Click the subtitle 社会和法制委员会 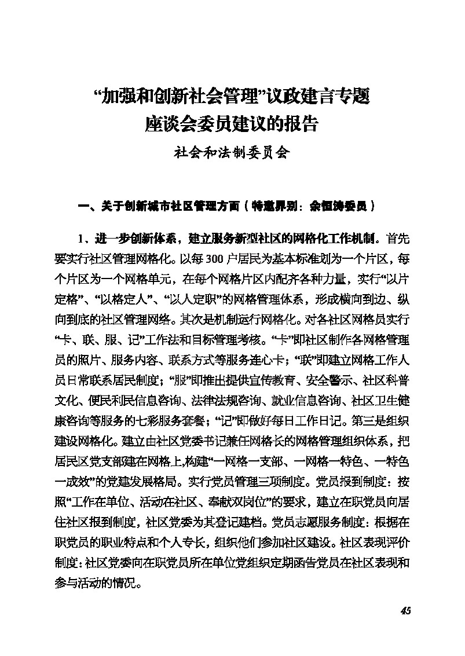tap(232, 154)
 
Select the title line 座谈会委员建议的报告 tap(232, 124)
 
